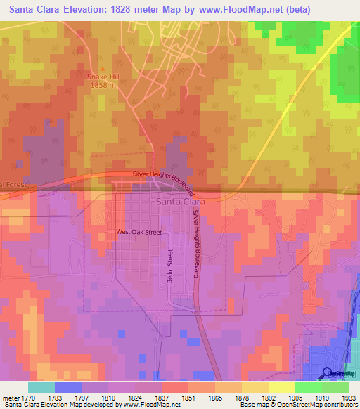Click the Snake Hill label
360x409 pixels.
point(102,77)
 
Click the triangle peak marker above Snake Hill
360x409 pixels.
point(102,69)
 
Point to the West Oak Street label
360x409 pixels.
point(139,231)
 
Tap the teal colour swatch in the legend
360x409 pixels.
point(41,387)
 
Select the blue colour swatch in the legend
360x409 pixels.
point(68,387)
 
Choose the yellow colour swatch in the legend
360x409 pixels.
point(281,387)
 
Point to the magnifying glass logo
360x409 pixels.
point(328,372)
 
